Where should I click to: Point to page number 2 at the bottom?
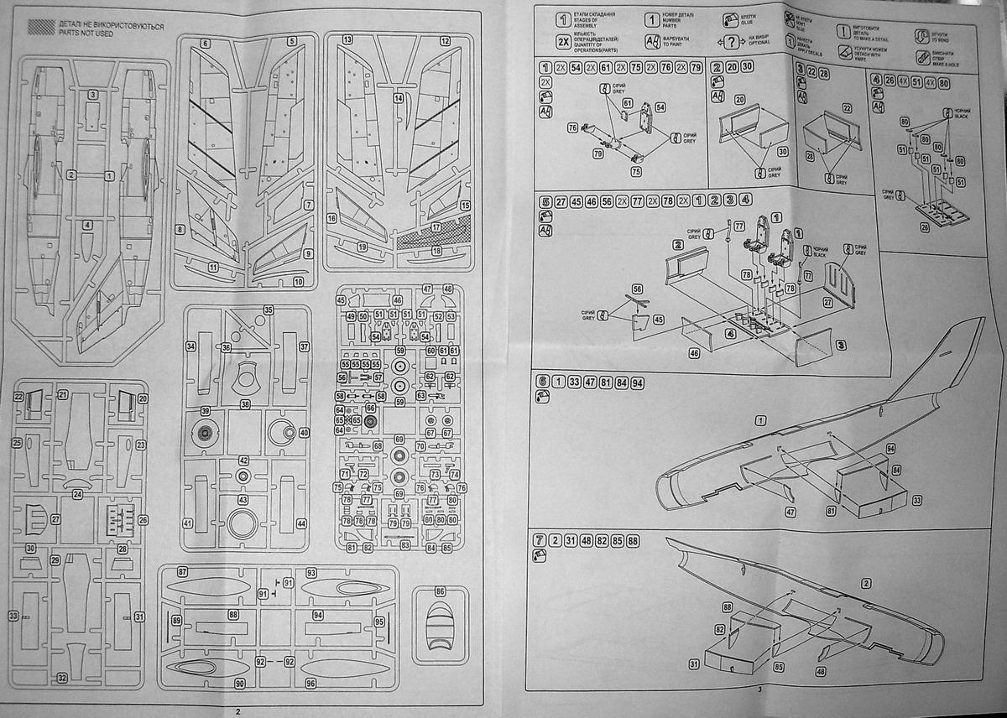point(238,710)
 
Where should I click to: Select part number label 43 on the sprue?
point(243,500)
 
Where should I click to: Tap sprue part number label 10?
point(298,282)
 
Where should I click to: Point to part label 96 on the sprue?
point(311,683)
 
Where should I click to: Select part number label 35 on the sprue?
point(268,310)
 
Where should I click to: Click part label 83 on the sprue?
point(405,545)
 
